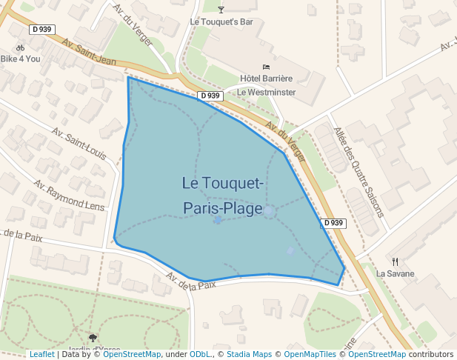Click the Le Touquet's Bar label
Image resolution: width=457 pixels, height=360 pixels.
221,22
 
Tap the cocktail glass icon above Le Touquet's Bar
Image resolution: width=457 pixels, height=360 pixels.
221,9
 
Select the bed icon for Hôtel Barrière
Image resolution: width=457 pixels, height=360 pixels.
267,67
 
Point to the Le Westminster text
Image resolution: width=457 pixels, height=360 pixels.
266,93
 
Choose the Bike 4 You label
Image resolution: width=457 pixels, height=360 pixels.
21,59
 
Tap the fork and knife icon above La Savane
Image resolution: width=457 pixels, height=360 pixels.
395,261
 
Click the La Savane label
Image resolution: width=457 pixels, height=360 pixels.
395,274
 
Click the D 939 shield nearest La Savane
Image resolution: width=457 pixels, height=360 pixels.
333,223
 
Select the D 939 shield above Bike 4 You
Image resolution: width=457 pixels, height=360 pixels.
41,30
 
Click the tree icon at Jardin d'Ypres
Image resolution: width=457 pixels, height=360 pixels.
93,338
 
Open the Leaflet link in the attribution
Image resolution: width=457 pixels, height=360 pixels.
41,355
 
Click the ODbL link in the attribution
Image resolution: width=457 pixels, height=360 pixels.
199,355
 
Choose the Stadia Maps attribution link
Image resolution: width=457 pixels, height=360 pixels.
250,355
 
